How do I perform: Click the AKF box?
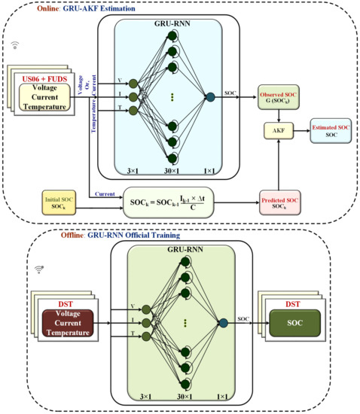click(x=278, y=130)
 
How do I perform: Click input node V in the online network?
click(x=133, y=84)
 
